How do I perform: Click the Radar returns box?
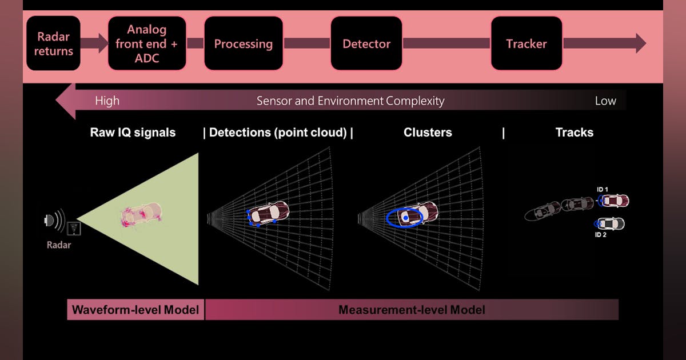coord(53,43)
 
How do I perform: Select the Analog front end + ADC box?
coord(147,43)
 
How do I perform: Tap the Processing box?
coord(244,43)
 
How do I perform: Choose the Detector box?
coord(366,43)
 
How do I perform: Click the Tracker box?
coord(527,43)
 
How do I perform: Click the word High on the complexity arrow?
coord(107,101)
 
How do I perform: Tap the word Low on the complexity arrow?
coord(605,101)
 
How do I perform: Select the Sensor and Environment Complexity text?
coord(350,101)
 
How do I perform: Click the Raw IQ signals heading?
coord(133,133)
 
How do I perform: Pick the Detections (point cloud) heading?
coord(278,133)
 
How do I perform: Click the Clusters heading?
coord(428,133)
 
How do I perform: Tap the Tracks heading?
coord(575,133)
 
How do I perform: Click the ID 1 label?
coord(601,189)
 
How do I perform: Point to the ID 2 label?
coord(601,235)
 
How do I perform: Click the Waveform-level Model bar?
coord(135,310)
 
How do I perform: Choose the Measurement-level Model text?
coord(412,310)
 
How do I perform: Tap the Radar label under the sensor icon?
coord(59,245)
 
